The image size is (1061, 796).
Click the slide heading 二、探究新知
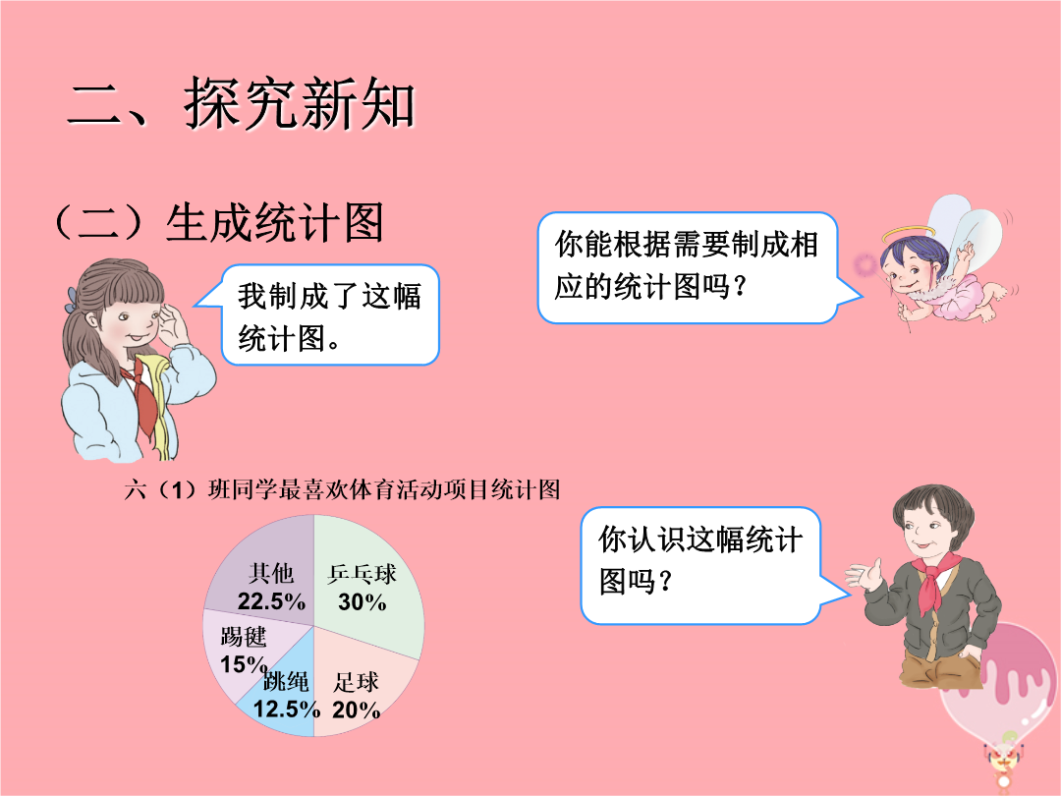click(242, 103)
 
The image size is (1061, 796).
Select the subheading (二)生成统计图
click(219, 223)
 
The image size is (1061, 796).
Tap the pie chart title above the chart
click(343, 489)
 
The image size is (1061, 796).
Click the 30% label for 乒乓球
click(362, 601)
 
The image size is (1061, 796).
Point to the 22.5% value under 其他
click(271, 601)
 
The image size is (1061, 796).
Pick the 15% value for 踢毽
click(244, 664)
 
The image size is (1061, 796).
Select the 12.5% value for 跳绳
click(286, 709)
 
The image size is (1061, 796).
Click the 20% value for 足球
click(356, 710)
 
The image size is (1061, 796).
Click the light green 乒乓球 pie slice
click(365, 582)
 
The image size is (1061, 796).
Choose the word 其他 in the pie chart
click(271, 573)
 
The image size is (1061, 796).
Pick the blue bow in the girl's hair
click(71, 299)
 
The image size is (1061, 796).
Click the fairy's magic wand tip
click(865, 264)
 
